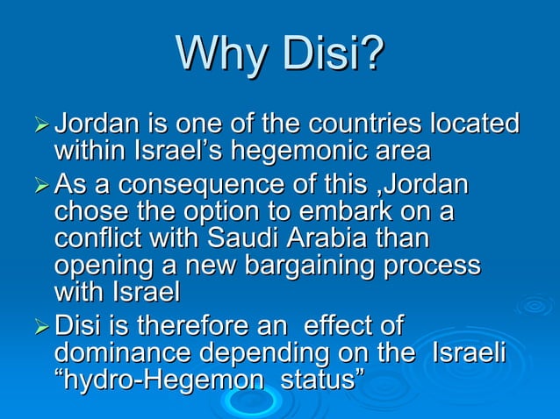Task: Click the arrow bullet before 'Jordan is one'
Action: pos(41,124)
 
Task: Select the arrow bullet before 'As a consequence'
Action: pos(41,187)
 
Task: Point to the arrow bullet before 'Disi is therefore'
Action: pos(41,328)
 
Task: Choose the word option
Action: pos(218,212)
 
